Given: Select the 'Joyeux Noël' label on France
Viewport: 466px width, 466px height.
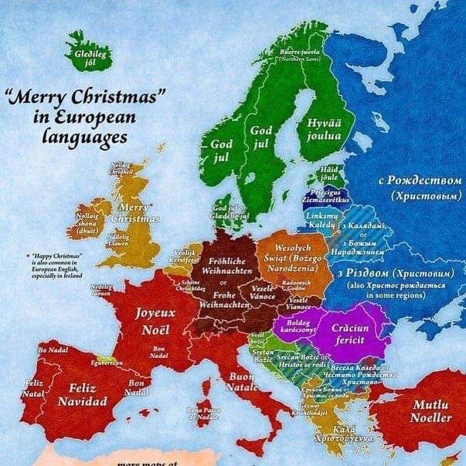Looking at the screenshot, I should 156,321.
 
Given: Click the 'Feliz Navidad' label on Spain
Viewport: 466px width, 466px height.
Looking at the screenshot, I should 82,395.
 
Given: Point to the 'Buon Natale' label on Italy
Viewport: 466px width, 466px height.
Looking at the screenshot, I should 242,382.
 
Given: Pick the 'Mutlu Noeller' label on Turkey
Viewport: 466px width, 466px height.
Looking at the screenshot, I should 431,411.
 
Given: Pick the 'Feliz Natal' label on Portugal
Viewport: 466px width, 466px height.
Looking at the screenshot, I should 33,388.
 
